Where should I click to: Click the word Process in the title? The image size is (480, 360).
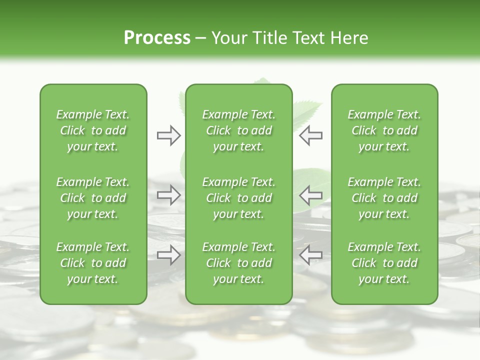pyautogui.click(x=157, y=38)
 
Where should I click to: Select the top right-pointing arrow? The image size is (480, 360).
pyautogui.click(x=169, y=135)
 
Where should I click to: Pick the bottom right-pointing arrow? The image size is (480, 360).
pyautogui.click(x=169, y=255)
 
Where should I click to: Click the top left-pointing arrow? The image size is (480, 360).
pyautogui.click(x=310, y=135)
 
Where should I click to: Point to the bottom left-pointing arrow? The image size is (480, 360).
pyautogui.click(x=310, y=255)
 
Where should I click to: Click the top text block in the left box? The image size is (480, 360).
pyautogui.click(x=93, y=130)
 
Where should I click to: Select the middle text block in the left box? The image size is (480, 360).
pyautogui.click(x=93, y=198)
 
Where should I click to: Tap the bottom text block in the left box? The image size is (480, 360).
pyautogui.click(x=93, y=263)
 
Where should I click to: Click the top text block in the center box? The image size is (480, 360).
pyautogui.click(x=239, y=130)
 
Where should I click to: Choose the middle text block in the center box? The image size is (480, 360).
pyautogui.click(x=239, y=198)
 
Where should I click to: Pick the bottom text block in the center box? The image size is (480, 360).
pyautogui.click(x=239, y=263)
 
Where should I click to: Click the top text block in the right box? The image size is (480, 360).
pyautogui.click(x=384, y=130)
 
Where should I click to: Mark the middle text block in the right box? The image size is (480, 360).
pyautogui.click(x=384, y=198)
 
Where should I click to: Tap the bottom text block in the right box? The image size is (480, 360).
pyautogui.click(x=384, y=263)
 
